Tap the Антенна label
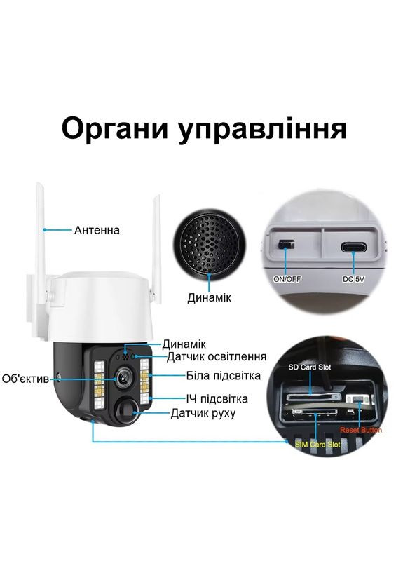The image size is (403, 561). coord(97,230)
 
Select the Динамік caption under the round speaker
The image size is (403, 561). coord(208,297)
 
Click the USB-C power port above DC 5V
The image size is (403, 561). coord(355,247)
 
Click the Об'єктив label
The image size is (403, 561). coord(25,379)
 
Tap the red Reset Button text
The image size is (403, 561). coord(360,429)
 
